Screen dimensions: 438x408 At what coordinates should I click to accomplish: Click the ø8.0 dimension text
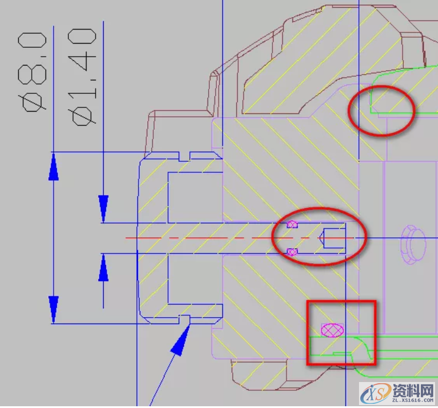click(32, 72)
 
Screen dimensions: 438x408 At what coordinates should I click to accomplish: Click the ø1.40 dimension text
click(82, 77)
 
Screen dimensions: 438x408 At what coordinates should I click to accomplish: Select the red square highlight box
click(307, 332)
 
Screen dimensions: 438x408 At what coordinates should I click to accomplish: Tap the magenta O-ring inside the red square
click(332, 330)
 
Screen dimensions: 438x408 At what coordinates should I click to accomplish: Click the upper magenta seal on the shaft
click(292, 224)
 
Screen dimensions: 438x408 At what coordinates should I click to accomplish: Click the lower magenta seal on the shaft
click(292, 252)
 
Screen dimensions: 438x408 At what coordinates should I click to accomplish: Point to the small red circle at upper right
click(349, 111)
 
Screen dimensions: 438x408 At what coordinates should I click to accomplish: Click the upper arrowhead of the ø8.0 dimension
click(54, 167)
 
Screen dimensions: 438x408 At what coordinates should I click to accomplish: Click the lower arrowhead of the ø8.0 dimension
click(54, 309)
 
